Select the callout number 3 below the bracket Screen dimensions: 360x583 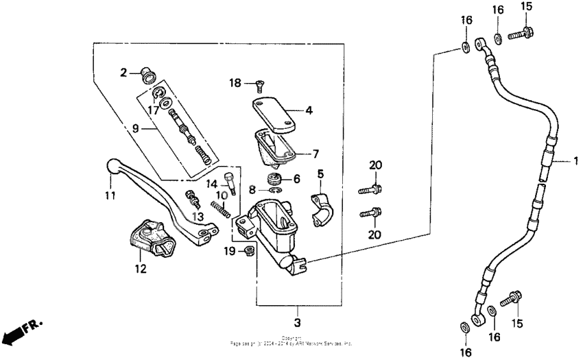point(298,322)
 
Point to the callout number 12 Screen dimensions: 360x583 point(140,269)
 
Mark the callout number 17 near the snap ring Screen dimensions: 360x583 point(154,110)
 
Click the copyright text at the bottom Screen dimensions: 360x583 point(291,341)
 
